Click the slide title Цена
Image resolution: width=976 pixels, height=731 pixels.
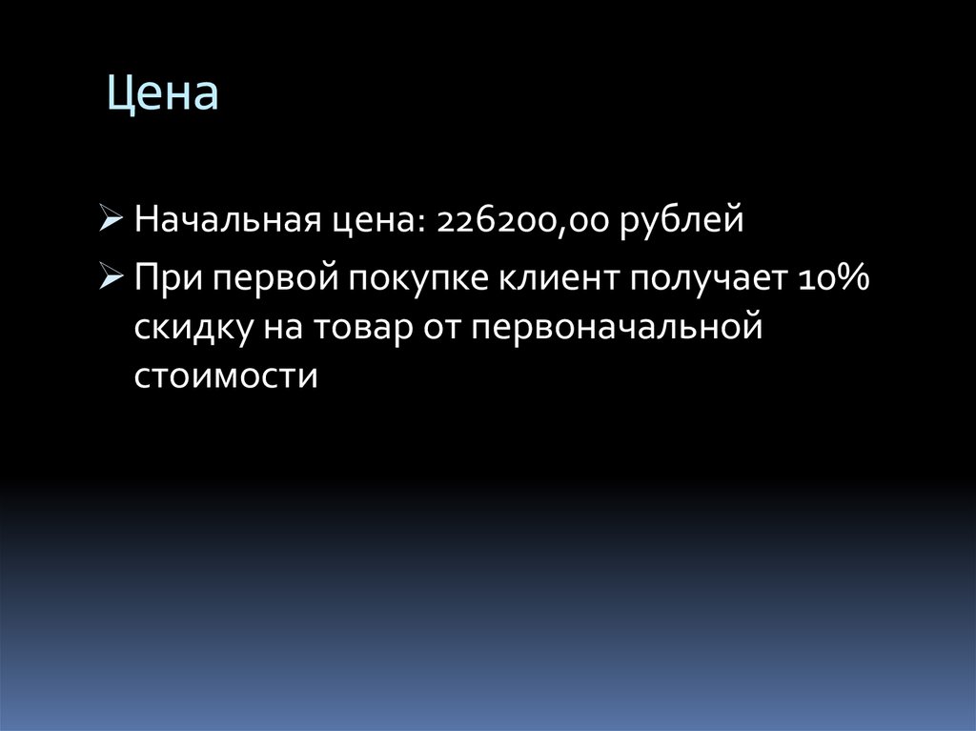[162, 95]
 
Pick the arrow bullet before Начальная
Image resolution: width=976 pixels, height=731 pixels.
[111, 222]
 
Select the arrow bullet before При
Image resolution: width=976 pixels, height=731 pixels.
[111, 278]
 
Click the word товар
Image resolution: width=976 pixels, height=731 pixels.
[359, 327]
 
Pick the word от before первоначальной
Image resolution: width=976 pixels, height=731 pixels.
[442, 327]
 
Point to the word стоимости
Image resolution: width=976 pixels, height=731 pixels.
[224, 375]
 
